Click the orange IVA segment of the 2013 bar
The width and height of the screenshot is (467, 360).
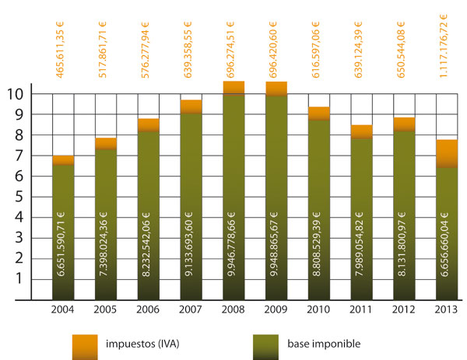coord(446,152)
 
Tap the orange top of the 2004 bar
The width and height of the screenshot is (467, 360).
coord(64,160)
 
